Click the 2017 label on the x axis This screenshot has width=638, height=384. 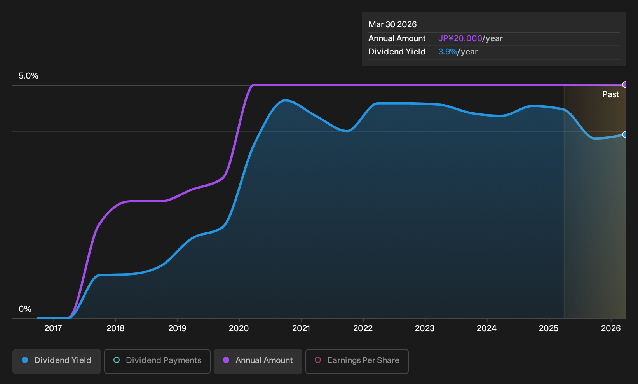(x=53, y=328)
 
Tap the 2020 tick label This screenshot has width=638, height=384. (x=239, y=328)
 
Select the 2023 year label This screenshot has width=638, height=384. (x=425, y=328)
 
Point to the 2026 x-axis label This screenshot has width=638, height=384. (x=611, y=328)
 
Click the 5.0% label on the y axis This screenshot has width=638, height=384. (x=28, y=76)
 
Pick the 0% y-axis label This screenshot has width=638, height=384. (x=25, y=309)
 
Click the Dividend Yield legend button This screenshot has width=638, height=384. (x=57, y=361)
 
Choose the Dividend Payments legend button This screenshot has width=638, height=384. (x=157, y=361)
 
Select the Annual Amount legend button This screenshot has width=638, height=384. (x=258, y=361)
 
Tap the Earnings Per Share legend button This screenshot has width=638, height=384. (x=357, y=361)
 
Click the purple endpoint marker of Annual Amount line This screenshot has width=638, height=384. (x=624, y=85)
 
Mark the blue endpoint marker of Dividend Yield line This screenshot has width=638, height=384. (x=624, y=134)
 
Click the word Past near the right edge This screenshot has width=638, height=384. (x=611, y=94)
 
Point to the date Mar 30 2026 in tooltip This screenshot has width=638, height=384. (x=392, y=24)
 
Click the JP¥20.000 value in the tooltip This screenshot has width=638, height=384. (x=460, y=38)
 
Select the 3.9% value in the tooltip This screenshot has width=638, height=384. (x=448, y=52)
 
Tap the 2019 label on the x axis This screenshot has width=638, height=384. (x=177, y=328)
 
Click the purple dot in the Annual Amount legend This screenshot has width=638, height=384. (x=226, y=360)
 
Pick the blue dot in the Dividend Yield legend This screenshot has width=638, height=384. (x=25, y=360)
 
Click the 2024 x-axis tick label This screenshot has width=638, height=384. (x=487, y=328)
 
